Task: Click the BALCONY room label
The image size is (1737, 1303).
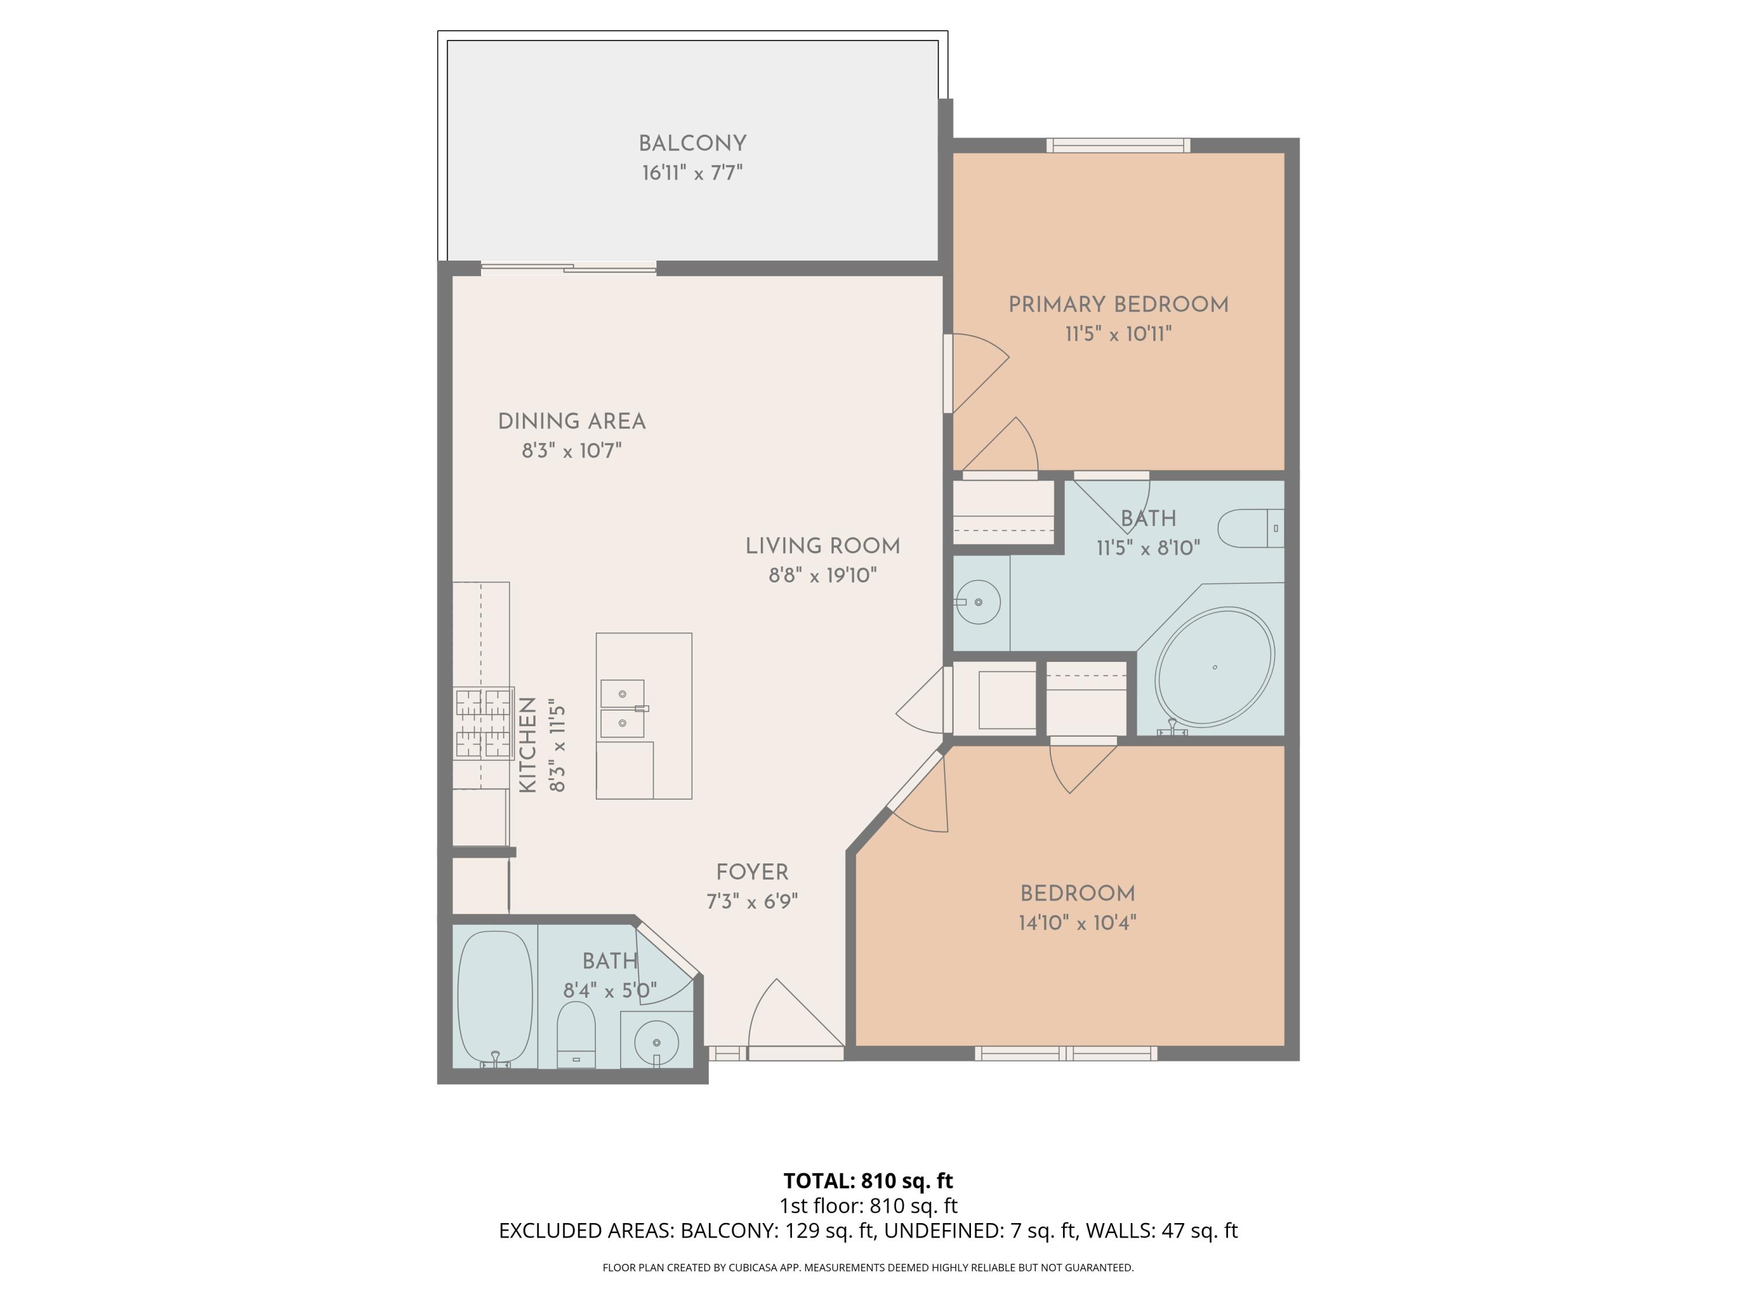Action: (692, 144)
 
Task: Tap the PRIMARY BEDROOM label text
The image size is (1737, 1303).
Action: (1118, 305)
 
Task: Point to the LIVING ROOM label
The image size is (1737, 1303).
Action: (822, 546)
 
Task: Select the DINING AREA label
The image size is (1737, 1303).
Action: (571, 422)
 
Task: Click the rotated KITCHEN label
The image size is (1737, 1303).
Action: (527, 745)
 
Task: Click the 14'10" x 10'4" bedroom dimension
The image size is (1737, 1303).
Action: (1078, 923)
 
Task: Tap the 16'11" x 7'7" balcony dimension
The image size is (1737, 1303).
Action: (692, 173)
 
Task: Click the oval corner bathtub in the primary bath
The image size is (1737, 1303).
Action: (1214, 667)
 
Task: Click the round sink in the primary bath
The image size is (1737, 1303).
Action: (978, 602)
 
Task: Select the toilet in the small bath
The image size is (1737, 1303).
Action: (576, 1034)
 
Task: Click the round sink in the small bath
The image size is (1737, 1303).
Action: (655, 1043)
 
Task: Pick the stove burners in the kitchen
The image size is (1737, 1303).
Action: (483, 723)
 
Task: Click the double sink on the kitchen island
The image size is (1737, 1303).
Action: (622, 708)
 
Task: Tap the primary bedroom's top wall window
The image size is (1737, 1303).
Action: (1118, 145)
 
